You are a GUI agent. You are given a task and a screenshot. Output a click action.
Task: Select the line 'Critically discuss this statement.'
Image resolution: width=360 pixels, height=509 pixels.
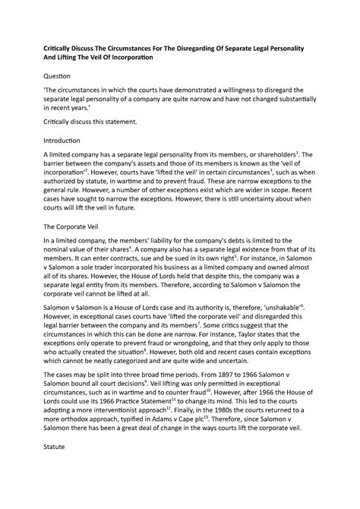pos(90,122)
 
